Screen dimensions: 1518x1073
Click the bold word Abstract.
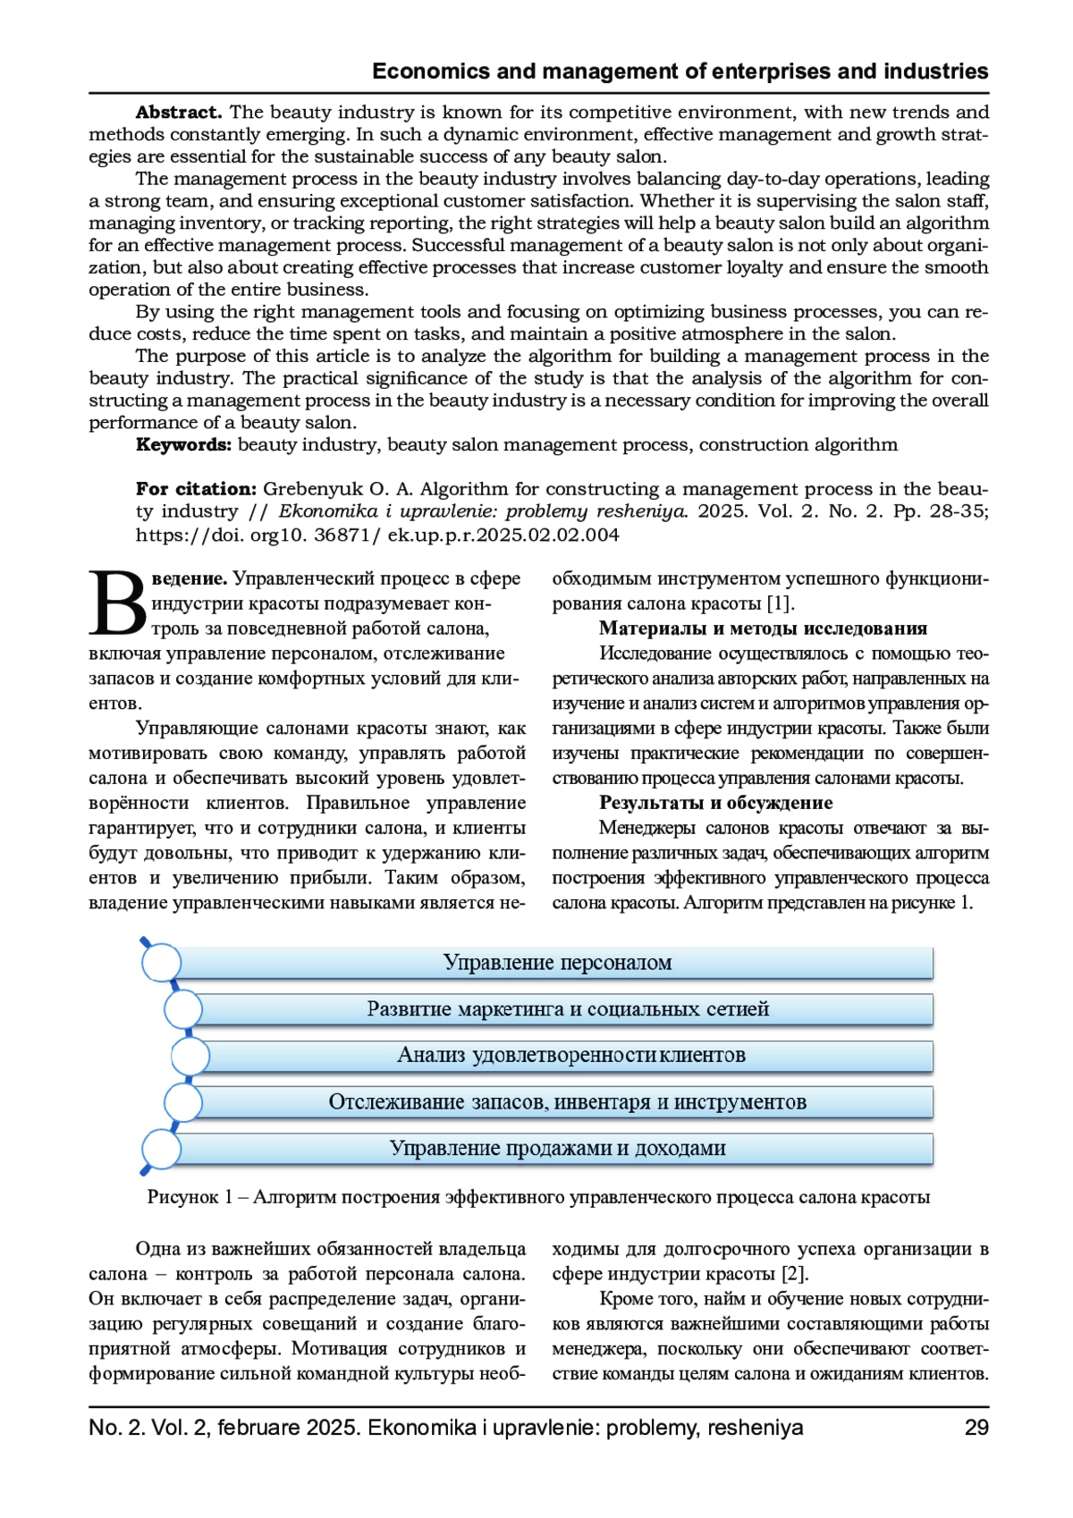[178, 113]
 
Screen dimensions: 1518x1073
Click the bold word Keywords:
[183, 445]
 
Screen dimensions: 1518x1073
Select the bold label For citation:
[196, 489]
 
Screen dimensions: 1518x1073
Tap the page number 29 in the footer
[976, 1428]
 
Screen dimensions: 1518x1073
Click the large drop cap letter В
[118, 603]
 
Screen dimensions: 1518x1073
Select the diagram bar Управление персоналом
[557, 963]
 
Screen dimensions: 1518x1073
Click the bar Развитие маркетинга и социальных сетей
[568, 1009]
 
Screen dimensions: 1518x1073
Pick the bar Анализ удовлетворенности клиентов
[570, 1056]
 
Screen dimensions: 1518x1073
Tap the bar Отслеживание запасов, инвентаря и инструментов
[567, 1102]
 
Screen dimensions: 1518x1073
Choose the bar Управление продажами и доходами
[557, 1149]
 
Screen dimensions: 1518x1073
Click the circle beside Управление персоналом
[162, 963]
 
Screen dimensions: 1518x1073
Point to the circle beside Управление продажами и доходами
[162, 1149]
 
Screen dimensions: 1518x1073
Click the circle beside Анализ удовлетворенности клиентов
[190, 1056]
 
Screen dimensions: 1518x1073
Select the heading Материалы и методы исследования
[763, 628]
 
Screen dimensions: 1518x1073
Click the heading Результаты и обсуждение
[715, 803]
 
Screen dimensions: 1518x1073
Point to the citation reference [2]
[794, 1274]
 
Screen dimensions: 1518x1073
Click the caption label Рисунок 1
[190, 1197]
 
